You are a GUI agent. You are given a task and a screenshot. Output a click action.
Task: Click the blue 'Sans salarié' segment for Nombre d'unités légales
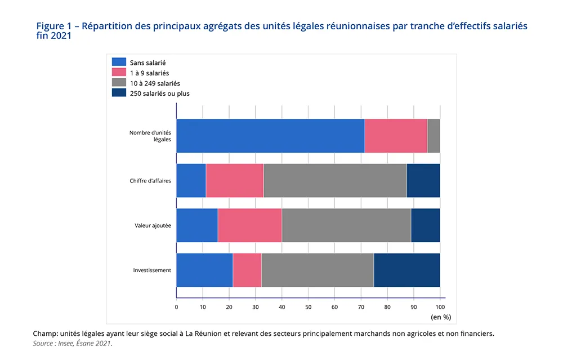pyautogui.click(x=270, y=136)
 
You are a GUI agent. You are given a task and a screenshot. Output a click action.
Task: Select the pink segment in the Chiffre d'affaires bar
pyautogui.click(x=235, y=180)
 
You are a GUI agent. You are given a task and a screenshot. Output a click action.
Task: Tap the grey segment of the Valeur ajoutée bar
pyautogui.click(x=346, y=225)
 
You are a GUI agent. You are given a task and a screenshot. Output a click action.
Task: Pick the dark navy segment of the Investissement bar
pyautogui.click(x=406, y=270)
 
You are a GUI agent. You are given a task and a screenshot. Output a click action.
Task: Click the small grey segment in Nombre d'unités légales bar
pyautogui.click(x=434, y=136)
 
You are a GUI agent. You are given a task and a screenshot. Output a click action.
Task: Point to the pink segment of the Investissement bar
pyautogui.click(x=247, y=270)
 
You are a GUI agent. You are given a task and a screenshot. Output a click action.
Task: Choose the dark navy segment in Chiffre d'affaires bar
pyautogui.click(x=423, y=180)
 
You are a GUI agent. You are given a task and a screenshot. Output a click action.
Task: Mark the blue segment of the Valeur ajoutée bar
pyautogui.click(x=197, y=225)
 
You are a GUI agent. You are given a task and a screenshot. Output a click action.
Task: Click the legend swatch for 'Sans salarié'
pyautogui.click(x=119, y=63)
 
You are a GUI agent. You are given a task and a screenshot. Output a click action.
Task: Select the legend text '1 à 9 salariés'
pyautogui.click(x=149, y=73)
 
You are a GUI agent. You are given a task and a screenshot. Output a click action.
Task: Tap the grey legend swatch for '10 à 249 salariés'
pyautogui.click(x=119, y=83)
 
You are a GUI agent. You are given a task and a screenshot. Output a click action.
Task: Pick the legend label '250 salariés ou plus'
pyautogui.click(x=159, y=94)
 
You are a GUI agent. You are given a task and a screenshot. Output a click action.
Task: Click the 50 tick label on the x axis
pyautogui.click(x=308, y=307)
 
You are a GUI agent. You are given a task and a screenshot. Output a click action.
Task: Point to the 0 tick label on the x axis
pyautogui.click(x=176, y=307)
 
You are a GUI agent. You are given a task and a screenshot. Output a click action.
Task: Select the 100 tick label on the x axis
pyautogui.click(x=440, y=307)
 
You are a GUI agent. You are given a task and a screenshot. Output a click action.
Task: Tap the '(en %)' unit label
pyautogui.click(x=441, y=317)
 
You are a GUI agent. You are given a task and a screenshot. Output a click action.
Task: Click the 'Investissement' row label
pyautogui.click(x=152, y=270)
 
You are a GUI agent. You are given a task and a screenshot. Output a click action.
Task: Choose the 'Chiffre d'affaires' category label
pyautogui.click(x=150, y=180)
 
